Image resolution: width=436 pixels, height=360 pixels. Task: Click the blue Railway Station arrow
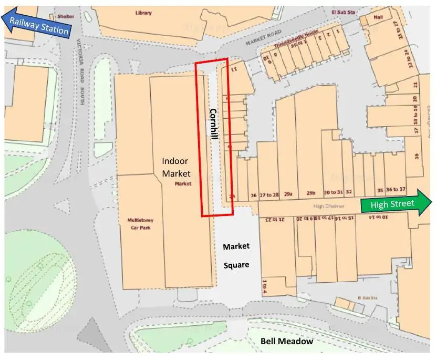[36, 25]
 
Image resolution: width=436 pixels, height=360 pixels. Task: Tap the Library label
[143, 13]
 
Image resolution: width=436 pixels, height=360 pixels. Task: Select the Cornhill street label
[213, 124]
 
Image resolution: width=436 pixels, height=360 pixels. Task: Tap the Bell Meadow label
[287, 342]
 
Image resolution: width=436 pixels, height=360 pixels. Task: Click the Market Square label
[236, 255]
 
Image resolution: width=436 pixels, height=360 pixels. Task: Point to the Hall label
[378, 17]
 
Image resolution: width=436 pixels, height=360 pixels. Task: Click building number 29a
[288, 194]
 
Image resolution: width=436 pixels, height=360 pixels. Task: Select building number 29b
[311, 193]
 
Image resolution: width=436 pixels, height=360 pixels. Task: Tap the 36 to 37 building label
[396, 189]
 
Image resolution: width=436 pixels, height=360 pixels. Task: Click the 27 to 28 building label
[269, 195]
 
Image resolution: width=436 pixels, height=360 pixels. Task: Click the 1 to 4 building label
[265, 287]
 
